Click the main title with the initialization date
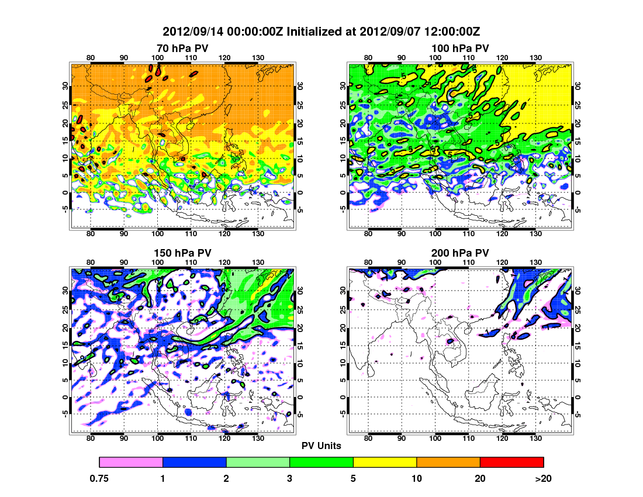[321, 31]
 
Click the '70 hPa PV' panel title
[182, 48]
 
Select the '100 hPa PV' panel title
[460, 48]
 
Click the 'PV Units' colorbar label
[321, 446]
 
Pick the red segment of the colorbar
[511, 462]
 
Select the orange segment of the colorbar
[448, 462]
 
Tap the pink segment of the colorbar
[131, 462]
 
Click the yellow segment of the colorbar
[385, 462]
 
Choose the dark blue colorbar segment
[194, 462]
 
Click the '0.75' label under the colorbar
[99, 478]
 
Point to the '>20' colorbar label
[543, 478]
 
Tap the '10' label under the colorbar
[417, 478]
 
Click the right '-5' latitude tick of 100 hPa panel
[578, 209]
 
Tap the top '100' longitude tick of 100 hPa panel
[435, 57]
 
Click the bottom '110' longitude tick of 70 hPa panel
[191, 233]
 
